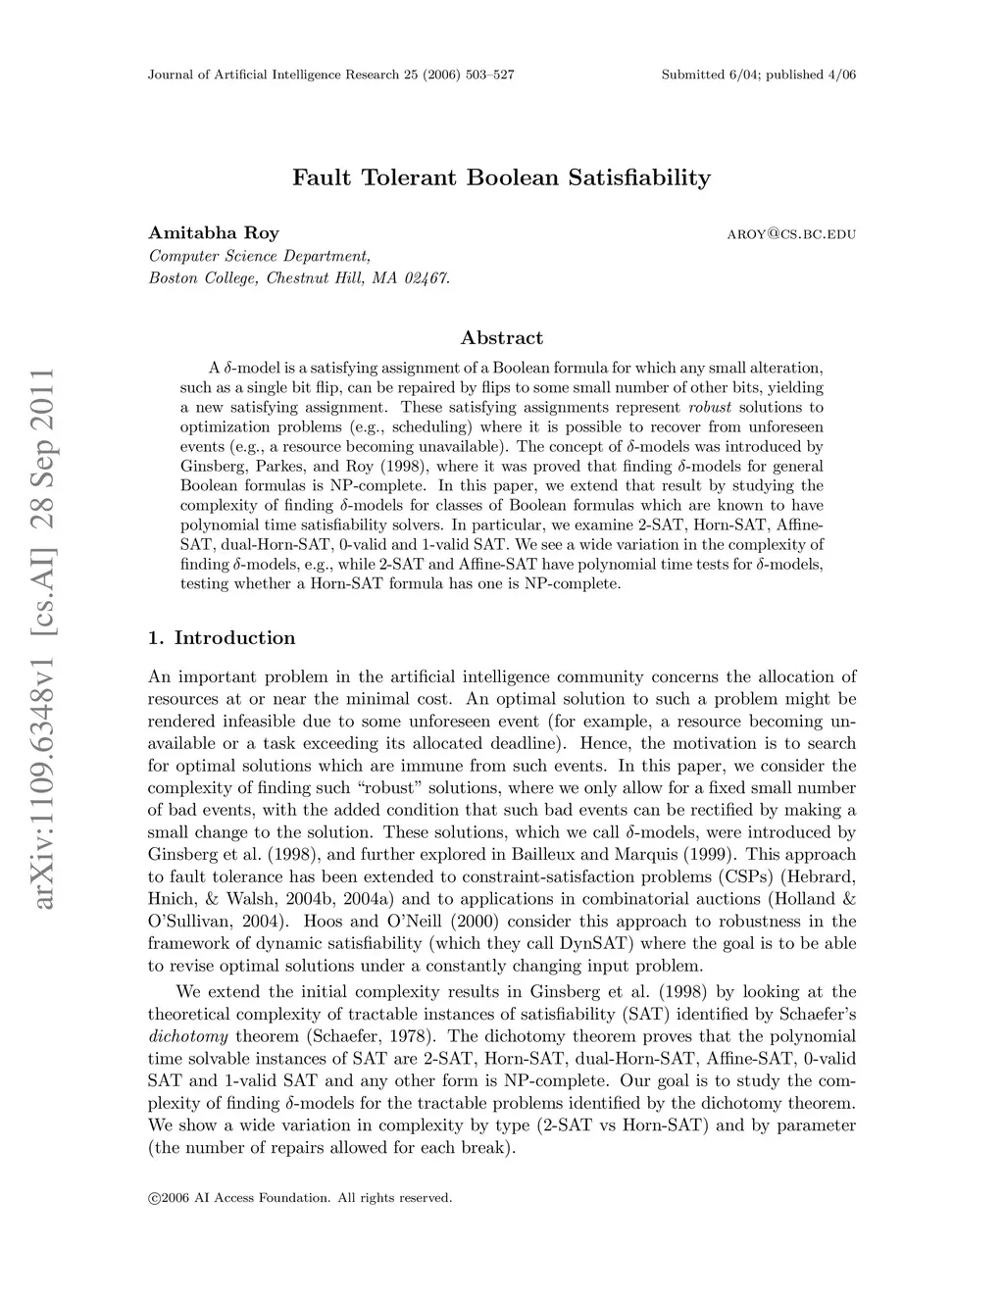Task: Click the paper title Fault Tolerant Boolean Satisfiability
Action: (x=501, y=178)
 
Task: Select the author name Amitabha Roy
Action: (x=214, y=233)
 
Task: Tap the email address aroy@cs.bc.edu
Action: (x=791, y=234)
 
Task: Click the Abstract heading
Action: (x=501, y=338)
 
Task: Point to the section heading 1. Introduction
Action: (x=222, y=638)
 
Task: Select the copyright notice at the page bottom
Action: (x=300, y=1197)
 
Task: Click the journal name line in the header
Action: (x=331, y=75)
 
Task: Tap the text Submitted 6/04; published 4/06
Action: (x=758, y=75)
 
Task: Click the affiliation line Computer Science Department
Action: (x=259, y=256)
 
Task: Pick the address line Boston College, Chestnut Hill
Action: (x=299, y=278)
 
